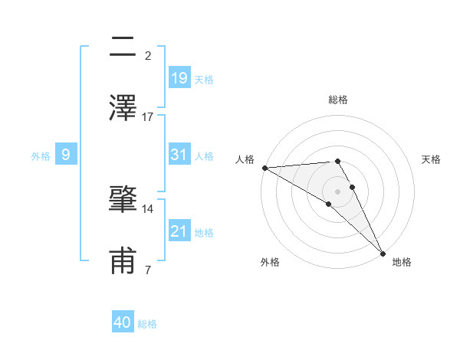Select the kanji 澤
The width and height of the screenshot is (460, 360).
point(123,107)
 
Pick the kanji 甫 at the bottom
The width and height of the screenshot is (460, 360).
point(123,260)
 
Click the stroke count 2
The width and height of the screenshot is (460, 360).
point(148,55)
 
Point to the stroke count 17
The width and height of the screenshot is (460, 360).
point(148,116)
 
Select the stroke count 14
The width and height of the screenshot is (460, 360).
point(148,208)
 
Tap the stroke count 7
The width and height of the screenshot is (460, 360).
point(148,270)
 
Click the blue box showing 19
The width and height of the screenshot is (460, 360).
point(179,78)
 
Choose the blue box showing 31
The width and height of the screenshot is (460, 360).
point(179,155)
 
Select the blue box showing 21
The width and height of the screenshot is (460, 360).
point(179,231)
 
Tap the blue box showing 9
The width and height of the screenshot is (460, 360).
point(66,155)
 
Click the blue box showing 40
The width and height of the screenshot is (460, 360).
point(123,323)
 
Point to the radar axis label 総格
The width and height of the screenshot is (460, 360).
point(338,100)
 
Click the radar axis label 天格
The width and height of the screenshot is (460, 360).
point(432,159)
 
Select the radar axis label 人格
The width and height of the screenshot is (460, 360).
point(245,159)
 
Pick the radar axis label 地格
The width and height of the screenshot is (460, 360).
point(402,262)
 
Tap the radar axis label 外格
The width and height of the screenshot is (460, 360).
point(270,262)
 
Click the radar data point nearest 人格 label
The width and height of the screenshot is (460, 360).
point(264,168)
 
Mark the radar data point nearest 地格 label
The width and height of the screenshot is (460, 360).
point(383,253)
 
